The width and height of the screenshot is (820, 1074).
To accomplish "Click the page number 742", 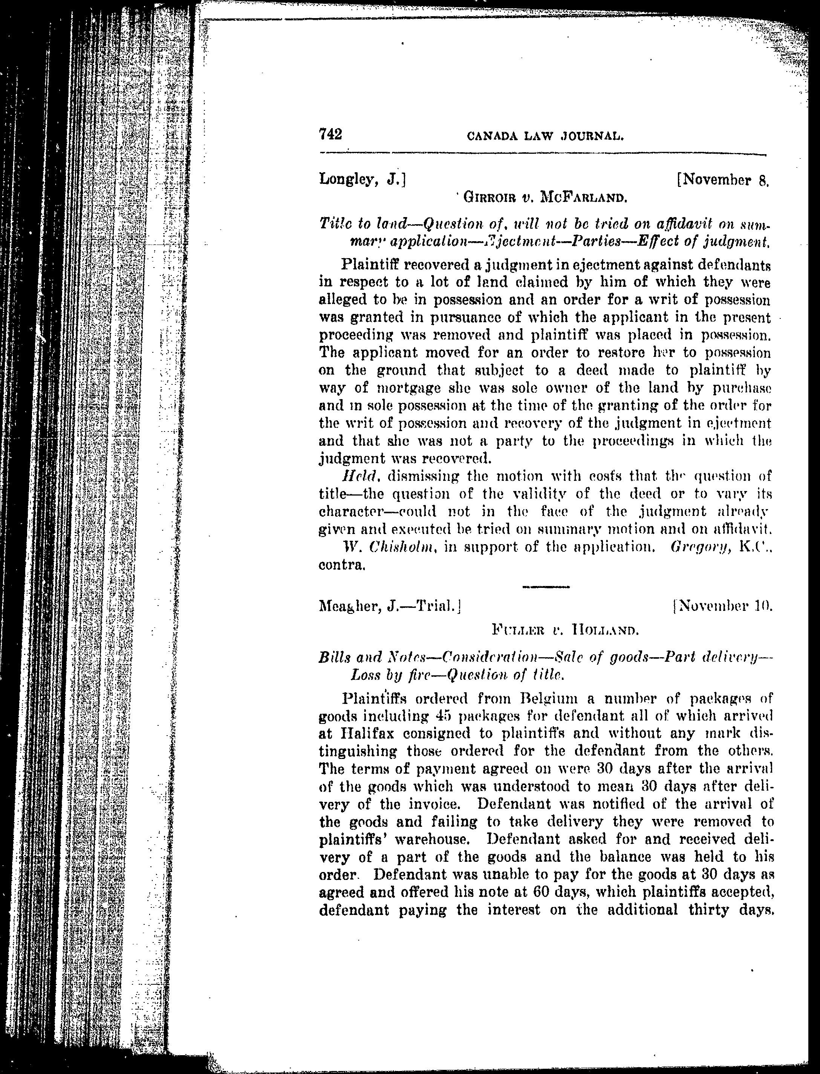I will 330,134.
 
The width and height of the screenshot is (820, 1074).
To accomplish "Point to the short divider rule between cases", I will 546,586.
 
